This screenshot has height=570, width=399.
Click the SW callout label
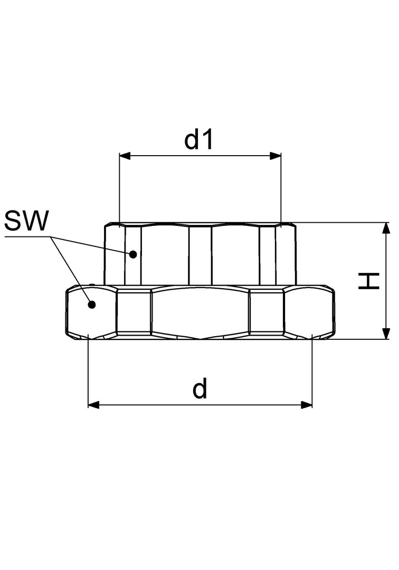coord(26,221)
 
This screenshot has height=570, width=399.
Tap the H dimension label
coord(369,281)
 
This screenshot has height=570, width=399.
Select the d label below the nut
coord(200,388)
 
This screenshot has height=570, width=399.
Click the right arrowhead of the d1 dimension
coord(275,156)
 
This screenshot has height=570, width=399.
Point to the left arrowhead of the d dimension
coord(94,405)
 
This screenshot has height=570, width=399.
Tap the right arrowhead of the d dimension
coord(307,405)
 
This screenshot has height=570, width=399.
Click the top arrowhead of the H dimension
coord(386,228)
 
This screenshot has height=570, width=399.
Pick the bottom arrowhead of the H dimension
coord(386,334)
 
